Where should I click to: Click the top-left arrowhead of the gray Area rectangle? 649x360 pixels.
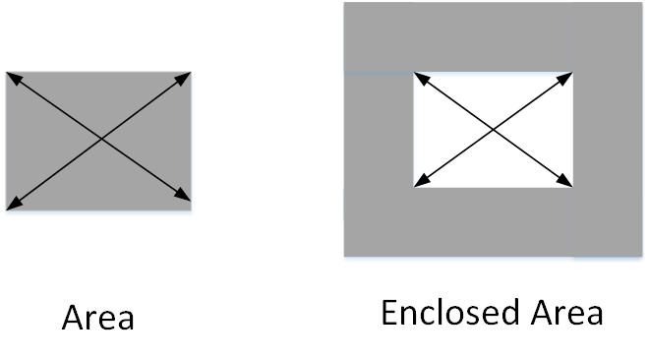coord(13,78)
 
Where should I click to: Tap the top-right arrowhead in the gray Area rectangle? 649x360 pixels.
coord(183,78)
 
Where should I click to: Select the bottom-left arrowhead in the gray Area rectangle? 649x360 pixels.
coord(14,204)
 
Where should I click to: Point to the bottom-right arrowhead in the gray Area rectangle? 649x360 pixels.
coord(183,195)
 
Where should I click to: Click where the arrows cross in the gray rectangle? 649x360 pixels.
coord(101,139)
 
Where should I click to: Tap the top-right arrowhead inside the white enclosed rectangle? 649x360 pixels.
coord(565,79)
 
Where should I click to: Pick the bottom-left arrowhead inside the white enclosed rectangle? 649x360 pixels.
coord(422,181)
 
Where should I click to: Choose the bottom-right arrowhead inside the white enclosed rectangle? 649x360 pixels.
coord(565,180)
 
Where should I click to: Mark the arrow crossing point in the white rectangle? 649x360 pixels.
coord(493,130)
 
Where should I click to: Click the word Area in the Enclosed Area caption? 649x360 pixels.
coord(567,313)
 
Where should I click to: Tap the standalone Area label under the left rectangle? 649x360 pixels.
coord(98,318)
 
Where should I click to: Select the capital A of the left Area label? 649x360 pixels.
coord(73,318)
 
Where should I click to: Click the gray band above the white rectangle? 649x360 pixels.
coord(493,36)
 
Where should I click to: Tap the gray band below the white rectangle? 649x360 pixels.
coord(493,222)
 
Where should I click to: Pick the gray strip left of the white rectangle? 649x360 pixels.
coord(379,130)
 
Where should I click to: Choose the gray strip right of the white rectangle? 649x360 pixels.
coord(608,130)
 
